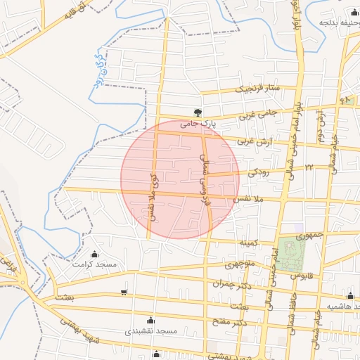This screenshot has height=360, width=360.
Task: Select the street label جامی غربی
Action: (x=258, y=113)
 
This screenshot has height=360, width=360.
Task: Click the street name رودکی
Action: (x=258, y=171)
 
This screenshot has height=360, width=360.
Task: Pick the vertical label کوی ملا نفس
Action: (x=152, y=196)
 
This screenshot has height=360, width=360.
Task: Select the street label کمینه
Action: (x=249, y=243)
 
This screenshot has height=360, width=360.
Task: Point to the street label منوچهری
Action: (x=236, y=265)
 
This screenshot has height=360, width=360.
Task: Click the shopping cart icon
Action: (x=124, y=292)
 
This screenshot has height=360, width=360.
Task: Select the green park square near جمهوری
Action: (x=287, y=249)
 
